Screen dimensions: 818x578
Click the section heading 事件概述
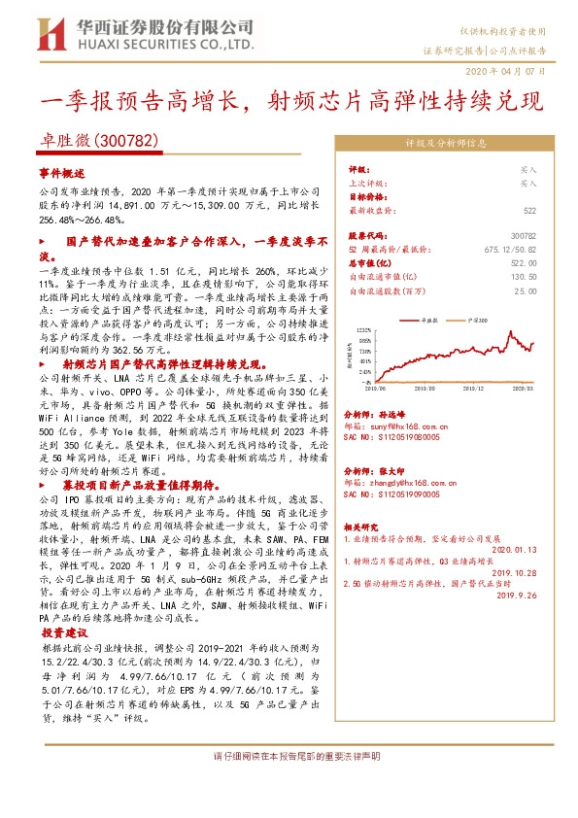[x=62, y=171]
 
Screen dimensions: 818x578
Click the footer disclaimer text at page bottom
[x=289, y=755]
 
